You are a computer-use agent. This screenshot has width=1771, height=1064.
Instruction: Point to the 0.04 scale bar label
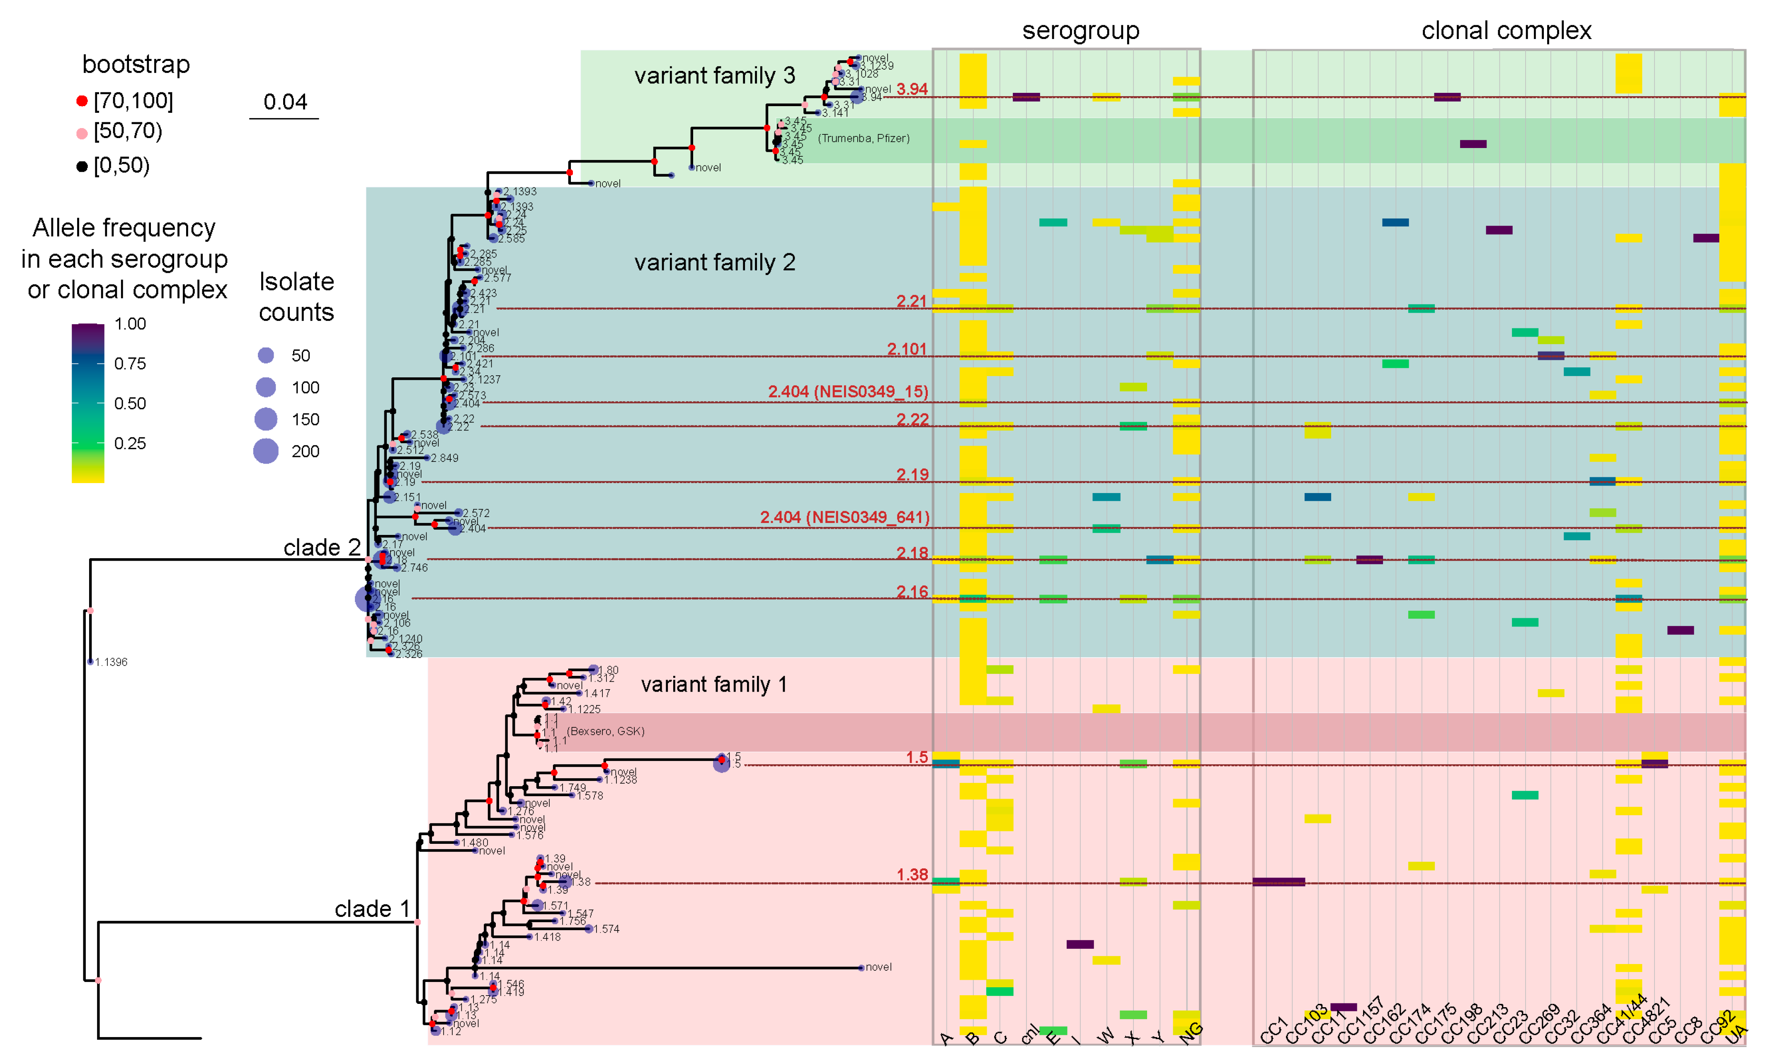pyautogui.click(x=284, y=102)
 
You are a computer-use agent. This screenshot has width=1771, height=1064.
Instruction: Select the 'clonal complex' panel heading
pyautogui.click(x=1506, y=31)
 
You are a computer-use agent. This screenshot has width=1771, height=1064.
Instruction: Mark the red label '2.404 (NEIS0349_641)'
pyautogui.click(x=844, y=517)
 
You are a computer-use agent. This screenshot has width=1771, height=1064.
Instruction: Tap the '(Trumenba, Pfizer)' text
pyautogui.click(x=863, y=138)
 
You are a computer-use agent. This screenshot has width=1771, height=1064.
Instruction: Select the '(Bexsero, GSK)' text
pyautogui.click(x=606, y=731)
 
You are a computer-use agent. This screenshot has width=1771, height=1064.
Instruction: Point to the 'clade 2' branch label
pyautogui.click(x=322, y=548)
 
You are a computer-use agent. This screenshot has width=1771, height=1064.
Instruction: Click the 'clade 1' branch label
pyautogui.click(x=372, y=909)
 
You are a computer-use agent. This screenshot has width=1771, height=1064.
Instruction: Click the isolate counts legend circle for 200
pyautogui.click(x=266, y=452)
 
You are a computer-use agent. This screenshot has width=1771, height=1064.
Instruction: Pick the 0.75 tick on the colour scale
pyautogui.click(x=130, y=364)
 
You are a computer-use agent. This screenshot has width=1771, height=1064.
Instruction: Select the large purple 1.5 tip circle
pyautogui.click(x=721, y=764)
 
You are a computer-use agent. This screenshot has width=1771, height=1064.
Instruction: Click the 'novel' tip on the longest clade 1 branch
pyautogui.click(x=878, y=967)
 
